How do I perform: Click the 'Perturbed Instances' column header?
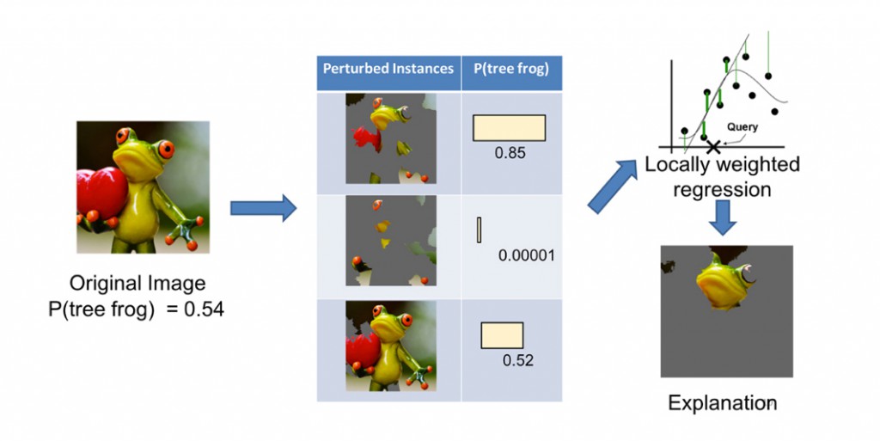pyautogui.click(x=388, y=69)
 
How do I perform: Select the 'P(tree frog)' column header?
pyautogui.click(x=511, y=69)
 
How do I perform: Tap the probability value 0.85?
pyautogui.click(x=510, y=152)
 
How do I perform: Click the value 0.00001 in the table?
pyautogui.click(x=527, y=255)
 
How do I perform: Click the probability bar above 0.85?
pyautogui.click(x=509, y=127)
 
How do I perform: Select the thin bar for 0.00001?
pyautogui.click(x=479, y=230)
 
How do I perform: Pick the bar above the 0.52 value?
pyautogui.click(x=502, y=335)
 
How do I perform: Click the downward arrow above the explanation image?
pyautogui.click(x=723, y=216)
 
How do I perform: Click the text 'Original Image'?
pyautogui.click(x=137, y=283)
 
